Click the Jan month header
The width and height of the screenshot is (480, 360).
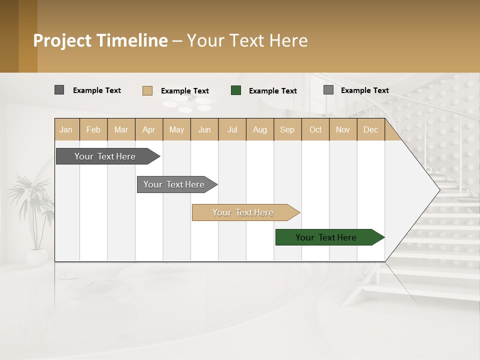point(66,129)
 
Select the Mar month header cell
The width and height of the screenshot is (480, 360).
point(121,129)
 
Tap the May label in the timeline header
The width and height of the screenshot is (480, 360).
point(176,129)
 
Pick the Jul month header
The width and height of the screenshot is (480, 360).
point(232,129)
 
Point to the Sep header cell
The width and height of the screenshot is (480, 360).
point(287,129)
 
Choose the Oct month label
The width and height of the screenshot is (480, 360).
point(315,129)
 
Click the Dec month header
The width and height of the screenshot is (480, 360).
point(370,129)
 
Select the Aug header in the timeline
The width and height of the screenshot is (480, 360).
point(259,129)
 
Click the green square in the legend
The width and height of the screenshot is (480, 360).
point(236,90)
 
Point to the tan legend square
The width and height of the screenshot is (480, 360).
point(147,90)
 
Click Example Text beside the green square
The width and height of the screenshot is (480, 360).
point(273,91)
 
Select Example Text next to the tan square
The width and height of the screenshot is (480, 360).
point(185,91)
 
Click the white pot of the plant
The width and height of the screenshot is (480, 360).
point(36,257)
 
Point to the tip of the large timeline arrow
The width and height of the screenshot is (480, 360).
point(439,189)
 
